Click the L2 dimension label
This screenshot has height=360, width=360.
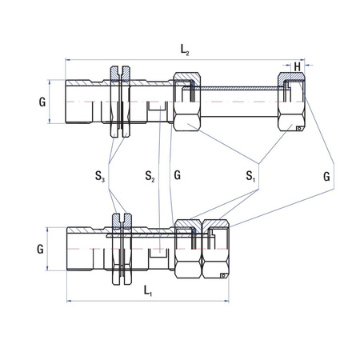pos(185,51)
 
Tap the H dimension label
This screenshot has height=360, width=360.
pos(298,66)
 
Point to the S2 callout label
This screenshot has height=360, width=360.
pos(150,174)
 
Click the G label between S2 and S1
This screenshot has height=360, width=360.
pos(178,174)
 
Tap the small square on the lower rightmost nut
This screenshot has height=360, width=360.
pos(224,274)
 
